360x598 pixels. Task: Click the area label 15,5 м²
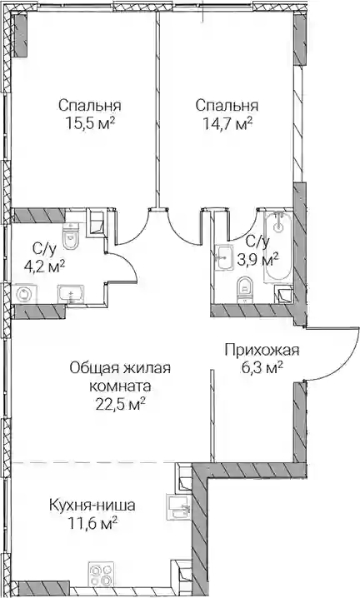tap(90, 123)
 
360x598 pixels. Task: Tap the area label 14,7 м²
tap(227, 123)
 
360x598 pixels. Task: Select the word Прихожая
tap(262, 350)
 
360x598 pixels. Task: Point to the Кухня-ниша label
tap(92, 506)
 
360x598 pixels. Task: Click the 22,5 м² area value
tap(119, 403)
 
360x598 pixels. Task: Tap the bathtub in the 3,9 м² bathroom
tap(278, 247)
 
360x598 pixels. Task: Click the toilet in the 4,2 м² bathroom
tap(71, 237)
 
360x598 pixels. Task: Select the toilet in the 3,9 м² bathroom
tap(244, 290)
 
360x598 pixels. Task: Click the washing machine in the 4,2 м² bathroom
tap(24, 295)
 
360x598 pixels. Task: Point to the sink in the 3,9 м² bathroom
tap(223, 258)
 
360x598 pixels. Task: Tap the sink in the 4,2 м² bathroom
tap(71, 295)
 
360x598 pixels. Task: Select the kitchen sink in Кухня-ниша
tap(177, 507)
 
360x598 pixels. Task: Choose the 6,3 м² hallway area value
tap(262, 368)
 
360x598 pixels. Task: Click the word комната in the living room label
tap(120, 386)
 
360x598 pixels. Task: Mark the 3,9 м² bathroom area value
tap(257, 260)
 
